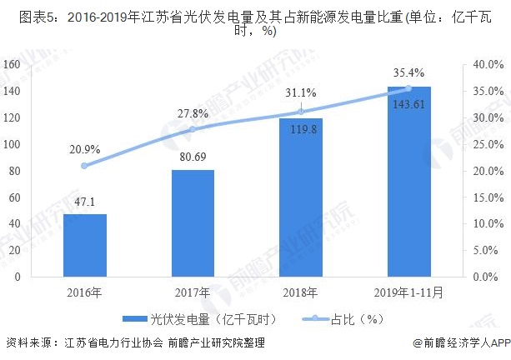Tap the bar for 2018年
[300, 197]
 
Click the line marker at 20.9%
[85, 165]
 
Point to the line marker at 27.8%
[193, 129]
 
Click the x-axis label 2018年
[300, 292]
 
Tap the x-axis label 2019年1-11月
[408, 292]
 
